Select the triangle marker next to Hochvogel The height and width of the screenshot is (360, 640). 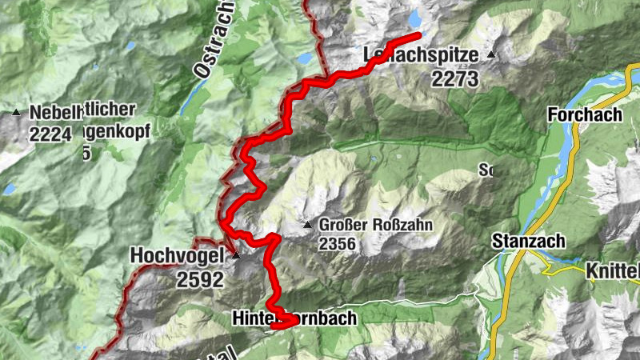[235, 256]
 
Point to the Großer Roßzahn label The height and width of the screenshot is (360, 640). [375, 225]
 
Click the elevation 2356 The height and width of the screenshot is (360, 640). [342, 242]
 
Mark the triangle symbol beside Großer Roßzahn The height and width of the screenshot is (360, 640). [308, 225]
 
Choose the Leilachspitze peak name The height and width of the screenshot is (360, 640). [421, 56]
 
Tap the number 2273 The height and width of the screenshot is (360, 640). [454, 78]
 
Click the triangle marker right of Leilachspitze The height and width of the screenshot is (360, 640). [490, 55]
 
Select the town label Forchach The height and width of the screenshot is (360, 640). [586, 115]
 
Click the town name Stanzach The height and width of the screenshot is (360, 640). [529, 241]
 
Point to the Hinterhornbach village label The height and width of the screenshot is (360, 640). [294, 318]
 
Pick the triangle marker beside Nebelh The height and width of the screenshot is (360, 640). [16, 113]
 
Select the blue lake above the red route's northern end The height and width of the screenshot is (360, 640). [414, 18]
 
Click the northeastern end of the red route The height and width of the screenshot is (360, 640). [418, 36]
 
